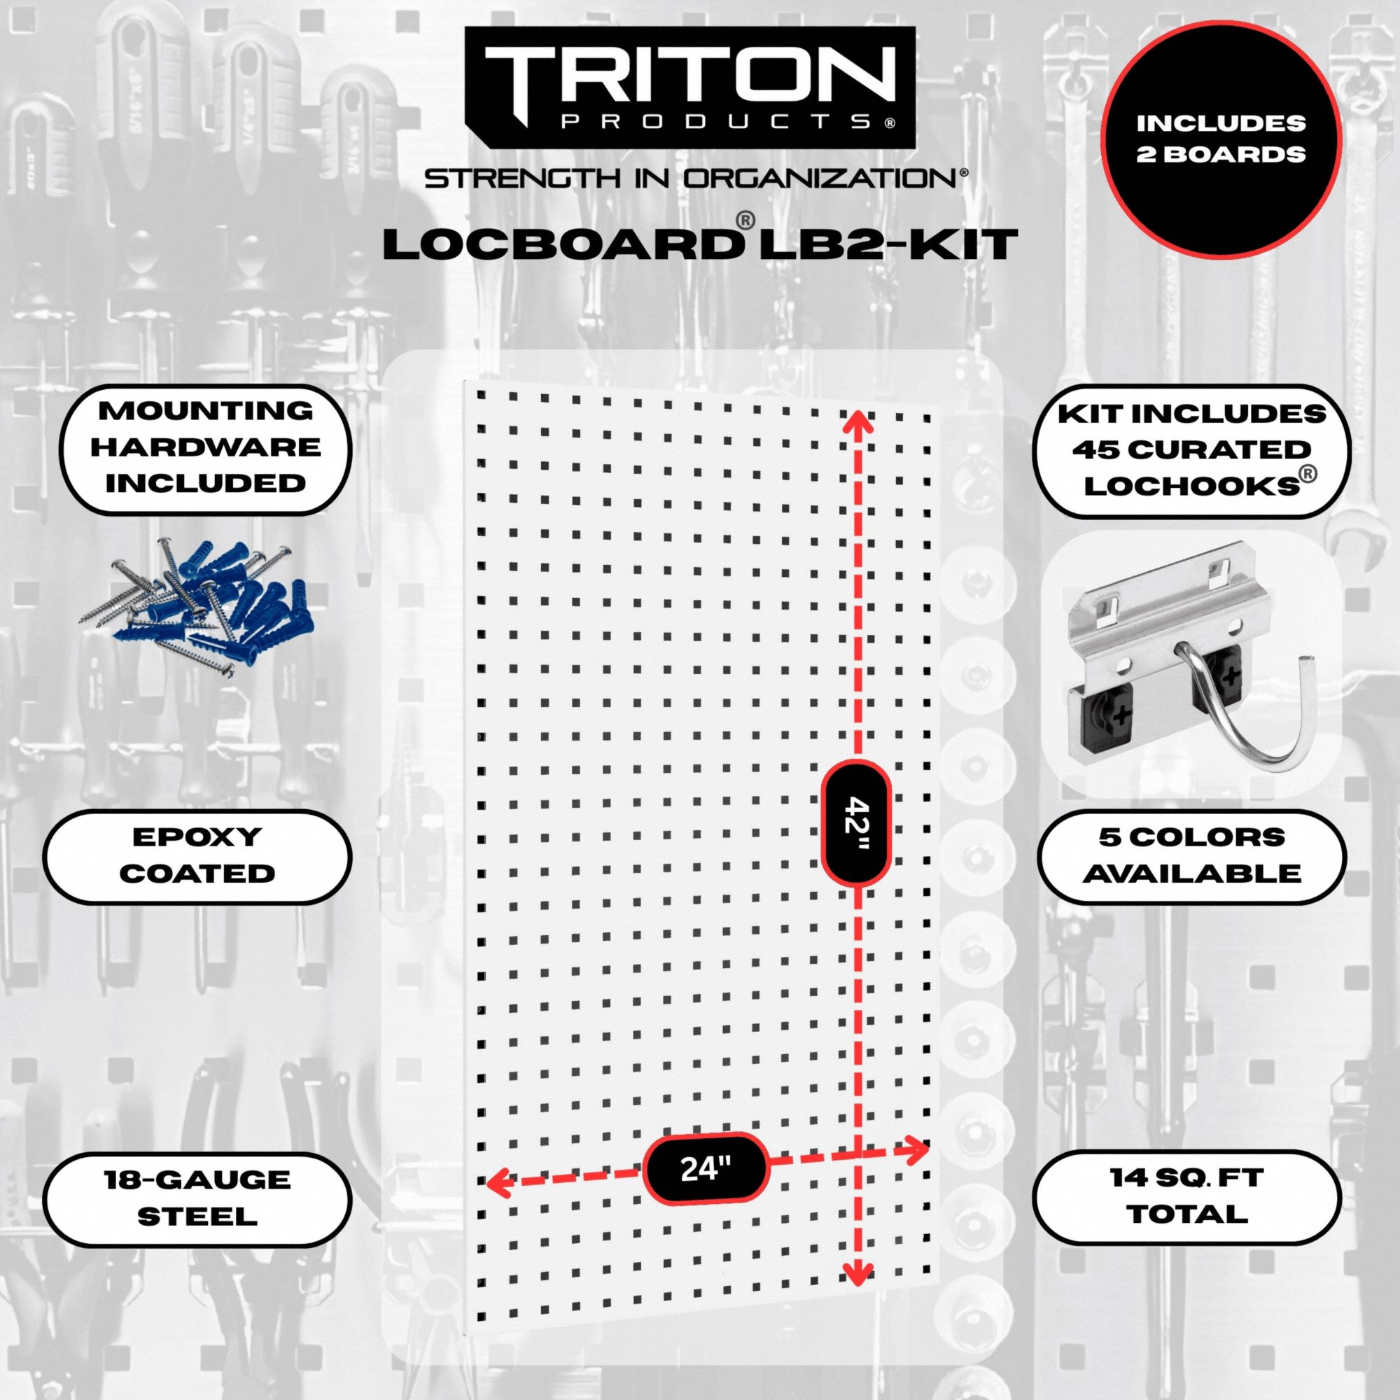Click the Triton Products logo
(x=688, y=87)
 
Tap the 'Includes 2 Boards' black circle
(x=1220, y=139)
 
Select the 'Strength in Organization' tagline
(x=694, y=179)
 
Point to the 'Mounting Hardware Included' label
(x=205, y=448)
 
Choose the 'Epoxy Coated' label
(x=197, y=857)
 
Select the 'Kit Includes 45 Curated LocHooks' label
(x=1192, y=451)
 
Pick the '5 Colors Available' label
(x=1192, y=857)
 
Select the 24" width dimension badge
(x=704, y=1168)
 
